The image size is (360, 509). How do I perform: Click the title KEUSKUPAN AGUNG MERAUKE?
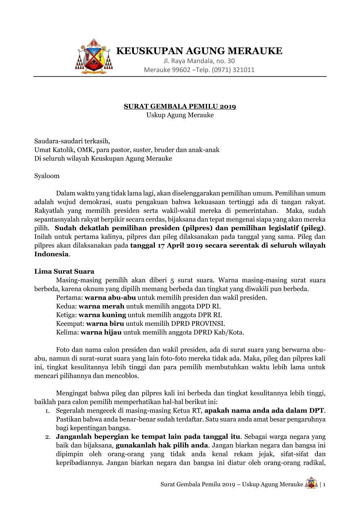point(199,50)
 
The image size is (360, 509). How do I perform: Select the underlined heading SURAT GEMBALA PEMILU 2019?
point(180,106)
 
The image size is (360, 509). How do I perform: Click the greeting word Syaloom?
point(47,176)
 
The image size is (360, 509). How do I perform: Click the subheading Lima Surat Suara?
point(64,271)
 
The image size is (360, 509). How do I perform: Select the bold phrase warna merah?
point(101,306)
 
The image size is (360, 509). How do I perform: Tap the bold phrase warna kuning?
point(102,315)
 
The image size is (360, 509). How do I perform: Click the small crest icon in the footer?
point(311,483)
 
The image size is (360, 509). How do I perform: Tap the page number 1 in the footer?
point(324,485)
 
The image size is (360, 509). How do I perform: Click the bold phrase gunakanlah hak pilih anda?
point(162,446)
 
